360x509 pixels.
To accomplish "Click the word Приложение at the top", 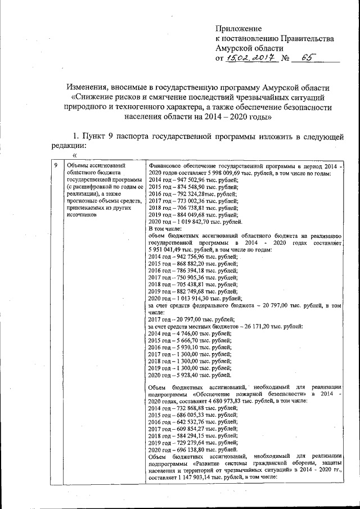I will (240, 28).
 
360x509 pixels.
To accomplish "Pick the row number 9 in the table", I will (55, 166).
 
